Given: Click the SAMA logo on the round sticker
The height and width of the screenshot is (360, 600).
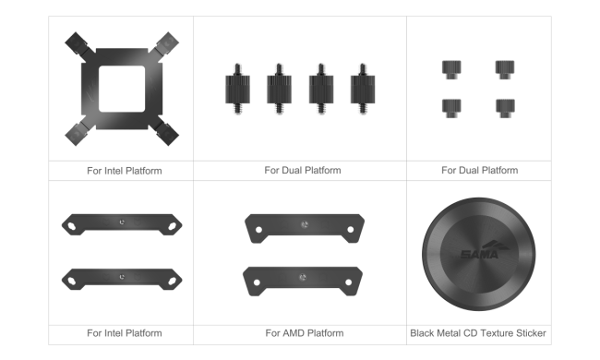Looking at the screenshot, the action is coord(484,250).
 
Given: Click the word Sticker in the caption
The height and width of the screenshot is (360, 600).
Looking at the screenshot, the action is coord(531,333).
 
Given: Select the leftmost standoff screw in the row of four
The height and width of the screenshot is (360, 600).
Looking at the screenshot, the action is coord(237,90).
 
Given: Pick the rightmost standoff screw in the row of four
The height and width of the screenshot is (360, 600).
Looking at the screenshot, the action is coord(363,90).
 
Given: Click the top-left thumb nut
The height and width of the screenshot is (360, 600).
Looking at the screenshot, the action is coord(451,69).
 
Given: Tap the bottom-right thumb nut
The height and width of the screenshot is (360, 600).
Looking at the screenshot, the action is coord(505,109).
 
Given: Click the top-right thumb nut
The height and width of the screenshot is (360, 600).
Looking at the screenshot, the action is coord(505,69).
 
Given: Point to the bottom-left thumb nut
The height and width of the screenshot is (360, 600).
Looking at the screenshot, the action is coord(451,109).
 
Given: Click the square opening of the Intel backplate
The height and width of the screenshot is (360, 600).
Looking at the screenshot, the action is coord(122,89).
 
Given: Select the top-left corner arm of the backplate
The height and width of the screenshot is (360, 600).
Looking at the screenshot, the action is coord(79,46).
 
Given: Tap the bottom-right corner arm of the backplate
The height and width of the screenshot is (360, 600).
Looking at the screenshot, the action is coord(164,131).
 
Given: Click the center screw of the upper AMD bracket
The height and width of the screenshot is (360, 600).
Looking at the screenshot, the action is coord(305,224).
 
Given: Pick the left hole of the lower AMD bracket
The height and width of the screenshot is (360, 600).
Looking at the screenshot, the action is coord(257,282).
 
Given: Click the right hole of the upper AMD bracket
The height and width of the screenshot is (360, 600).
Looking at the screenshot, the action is coord(350,230).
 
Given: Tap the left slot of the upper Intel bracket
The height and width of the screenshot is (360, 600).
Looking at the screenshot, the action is coord(72,226).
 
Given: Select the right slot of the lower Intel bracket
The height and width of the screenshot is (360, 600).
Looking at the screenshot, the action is coord(173,282).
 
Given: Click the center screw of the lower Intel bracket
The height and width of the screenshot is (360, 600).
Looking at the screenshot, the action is coord(122,277).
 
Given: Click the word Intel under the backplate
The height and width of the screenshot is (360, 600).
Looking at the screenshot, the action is coord(113,171).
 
